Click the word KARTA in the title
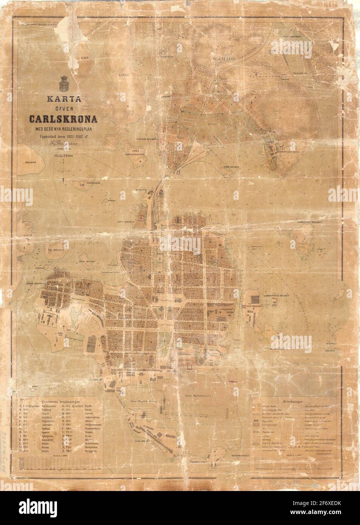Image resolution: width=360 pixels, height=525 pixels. (62, 101)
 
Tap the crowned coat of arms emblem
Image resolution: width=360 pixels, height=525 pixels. (62, 83)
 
